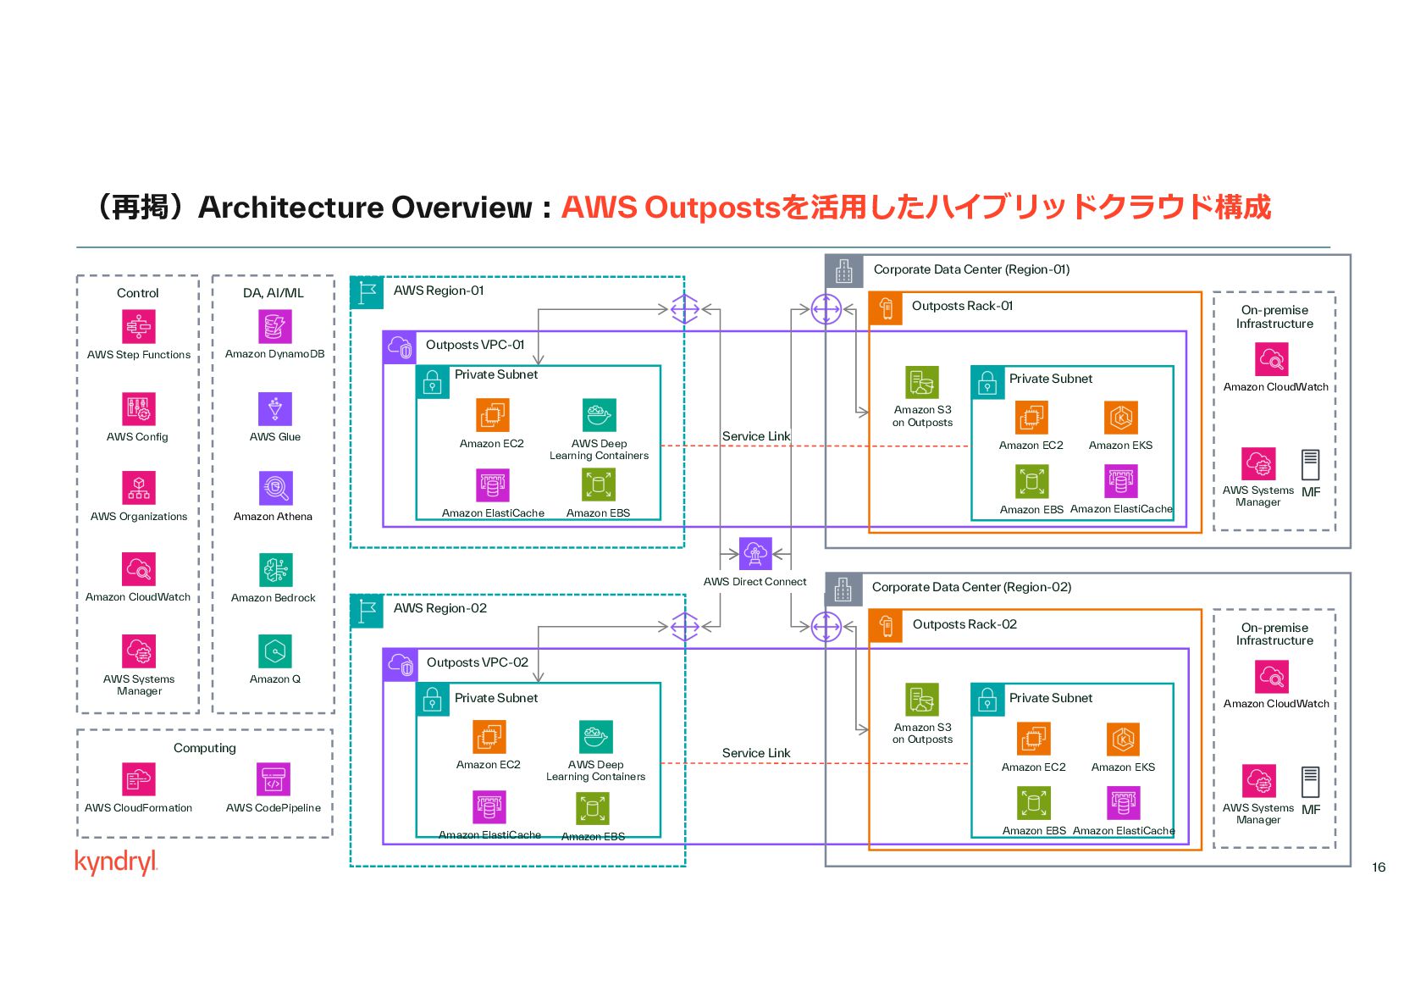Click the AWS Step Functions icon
pyautogui.click(x=139, y=327)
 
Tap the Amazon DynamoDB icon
pyautogui.click(x=275, y=327)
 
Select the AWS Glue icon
pyautogui.click(x=275, y=409)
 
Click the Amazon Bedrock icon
pyautogui.click(x=275, y=570)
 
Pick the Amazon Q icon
pyautogui.click(x=275, y=651)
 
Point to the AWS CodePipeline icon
pyautogui.click(x=274, y=780)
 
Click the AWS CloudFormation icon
pyautogui.click(x=139, y=780)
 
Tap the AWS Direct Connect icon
pyautogui.click(x=755, y=554)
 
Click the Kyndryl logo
pyautogui.click(x=116, y=861)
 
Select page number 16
pyautogui.click(x=1379, y=867)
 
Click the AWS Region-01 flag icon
pyautogui.click(x=368, y=292)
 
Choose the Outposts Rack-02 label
pyautogui.click(x=964, y=624)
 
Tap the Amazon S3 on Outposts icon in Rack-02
pyautogui.click(x=922, y=701)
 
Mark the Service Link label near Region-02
pyautogui.click(x=756, y=753)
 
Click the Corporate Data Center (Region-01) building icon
pyautogui.click(x=844, y=271)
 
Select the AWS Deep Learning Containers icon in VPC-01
pyautogui.click(x=600, y=416)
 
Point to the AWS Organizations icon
pyautogui.click(x=139, y=488)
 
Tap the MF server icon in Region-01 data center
pyautogui.click(x=1311, y=465)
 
